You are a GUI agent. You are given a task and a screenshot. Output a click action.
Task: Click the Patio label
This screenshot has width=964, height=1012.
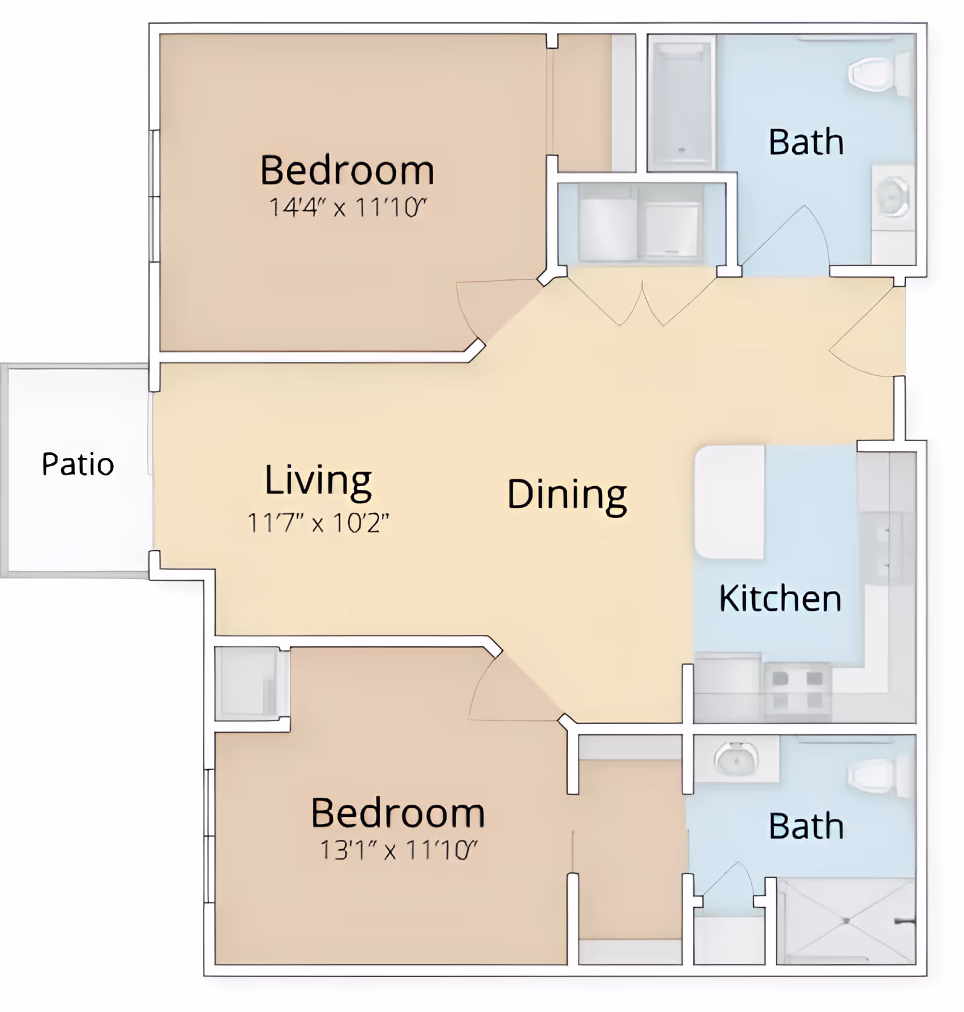point(78,464)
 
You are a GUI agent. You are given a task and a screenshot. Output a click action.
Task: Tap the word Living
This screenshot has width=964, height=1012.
point(318,481)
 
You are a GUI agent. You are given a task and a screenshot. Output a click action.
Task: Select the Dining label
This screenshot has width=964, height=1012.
point(567,495)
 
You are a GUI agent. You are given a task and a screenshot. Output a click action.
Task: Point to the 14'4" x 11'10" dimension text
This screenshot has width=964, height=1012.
point(348,207)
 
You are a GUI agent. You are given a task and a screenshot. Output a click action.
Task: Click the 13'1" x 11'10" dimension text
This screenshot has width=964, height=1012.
point(398,850)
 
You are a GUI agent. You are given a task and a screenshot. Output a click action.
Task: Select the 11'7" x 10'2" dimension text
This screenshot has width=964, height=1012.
point(318,523)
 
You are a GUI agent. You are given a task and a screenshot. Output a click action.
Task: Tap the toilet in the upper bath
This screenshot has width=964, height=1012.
point(879,73)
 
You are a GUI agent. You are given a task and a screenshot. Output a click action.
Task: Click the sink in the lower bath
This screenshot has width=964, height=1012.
point(736,759)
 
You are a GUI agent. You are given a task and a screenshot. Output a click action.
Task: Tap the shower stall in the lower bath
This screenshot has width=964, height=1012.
point(847,921)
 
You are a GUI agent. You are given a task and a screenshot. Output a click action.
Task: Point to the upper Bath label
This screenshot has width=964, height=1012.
point(806,142)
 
